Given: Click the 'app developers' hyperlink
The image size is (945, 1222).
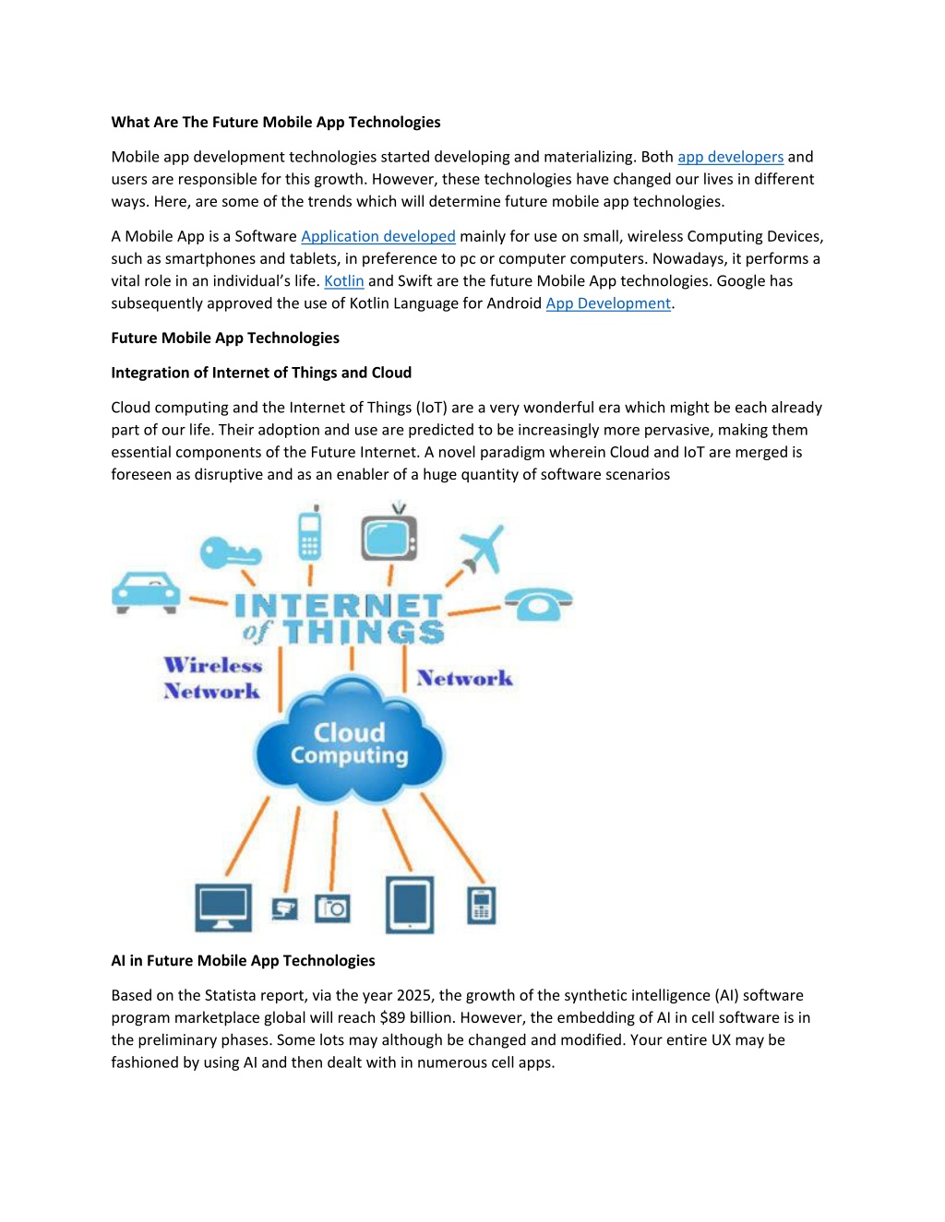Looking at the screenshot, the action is (x=730, y=157).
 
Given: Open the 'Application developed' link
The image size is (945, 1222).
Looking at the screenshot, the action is (x=378, y=236).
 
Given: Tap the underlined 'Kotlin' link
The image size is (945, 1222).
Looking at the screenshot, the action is (x=343, y=280).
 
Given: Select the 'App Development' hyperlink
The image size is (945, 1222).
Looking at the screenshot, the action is (x=608, y=303).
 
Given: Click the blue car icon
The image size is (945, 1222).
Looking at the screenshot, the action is (x=146, y=593).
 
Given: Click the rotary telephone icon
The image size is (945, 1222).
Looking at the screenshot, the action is (x=538, y=604).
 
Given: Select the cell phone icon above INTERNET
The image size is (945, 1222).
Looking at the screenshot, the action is (x=310, y=532).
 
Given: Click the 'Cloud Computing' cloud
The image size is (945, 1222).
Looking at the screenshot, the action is (x=349, y=741).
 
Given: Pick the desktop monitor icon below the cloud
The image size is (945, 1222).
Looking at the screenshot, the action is (x=223, y=908).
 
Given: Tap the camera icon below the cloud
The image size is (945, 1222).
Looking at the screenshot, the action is (x=332, y=908).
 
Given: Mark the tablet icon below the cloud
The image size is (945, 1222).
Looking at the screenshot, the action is (x=410, y=905).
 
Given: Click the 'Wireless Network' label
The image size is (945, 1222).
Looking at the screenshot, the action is (x=212, y=678).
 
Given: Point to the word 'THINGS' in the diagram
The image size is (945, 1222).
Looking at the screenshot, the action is (x=364, y=632).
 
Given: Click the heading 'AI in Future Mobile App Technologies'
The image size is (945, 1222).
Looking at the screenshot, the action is (x=243, y=960).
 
